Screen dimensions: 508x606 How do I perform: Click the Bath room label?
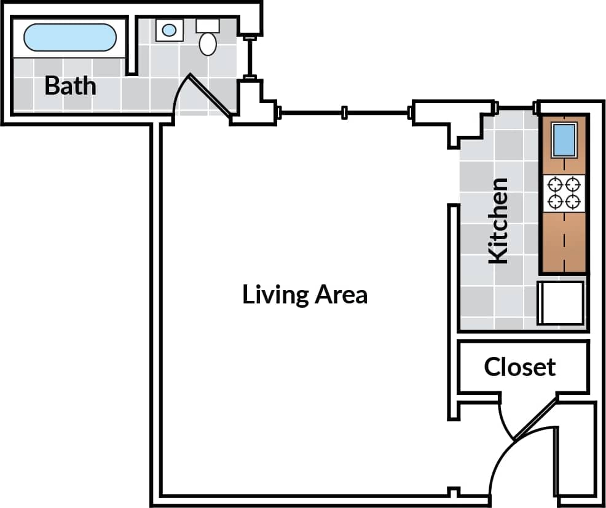point(70,85)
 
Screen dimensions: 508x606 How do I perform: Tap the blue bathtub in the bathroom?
point(69,37)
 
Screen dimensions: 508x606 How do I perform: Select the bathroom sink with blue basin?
point(168,29)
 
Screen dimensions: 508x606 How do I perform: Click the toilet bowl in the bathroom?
point(208,43)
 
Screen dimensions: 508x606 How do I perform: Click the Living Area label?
point(305,294)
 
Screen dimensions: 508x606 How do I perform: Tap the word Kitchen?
point(498,221)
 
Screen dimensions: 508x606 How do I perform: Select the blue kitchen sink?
point(564,139)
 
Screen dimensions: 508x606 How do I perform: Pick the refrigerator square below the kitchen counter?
point(561,302)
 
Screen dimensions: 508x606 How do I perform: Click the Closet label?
point(519,367)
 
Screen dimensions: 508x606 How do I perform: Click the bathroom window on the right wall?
point(249,58)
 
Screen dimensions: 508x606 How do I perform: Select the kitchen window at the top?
point(517,109)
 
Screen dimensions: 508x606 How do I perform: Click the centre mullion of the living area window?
point(345,112)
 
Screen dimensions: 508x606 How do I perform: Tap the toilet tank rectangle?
point(208,26)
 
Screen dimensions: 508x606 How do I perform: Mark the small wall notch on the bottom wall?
point(454,492)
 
